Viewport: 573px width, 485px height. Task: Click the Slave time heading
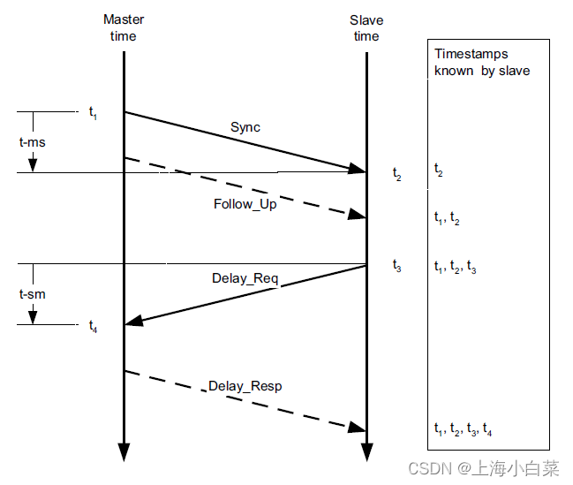tap(365, 27)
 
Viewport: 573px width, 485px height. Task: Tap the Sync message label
tap(245, 127)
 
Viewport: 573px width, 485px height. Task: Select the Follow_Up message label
tap(245, 204)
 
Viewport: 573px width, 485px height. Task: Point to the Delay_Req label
tap(245, 279)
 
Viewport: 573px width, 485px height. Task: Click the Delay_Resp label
tap(245, 386)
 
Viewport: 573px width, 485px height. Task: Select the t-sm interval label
tap(33, 293)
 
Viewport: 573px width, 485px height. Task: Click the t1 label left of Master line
tap(93, 113)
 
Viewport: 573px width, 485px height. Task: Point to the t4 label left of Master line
tap(93, 327)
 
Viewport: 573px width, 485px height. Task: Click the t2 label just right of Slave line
tap(397, 173)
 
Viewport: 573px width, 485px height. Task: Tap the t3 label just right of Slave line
tap(397, 265)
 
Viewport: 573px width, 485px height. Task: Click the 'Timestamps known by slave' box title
tap(481, 62)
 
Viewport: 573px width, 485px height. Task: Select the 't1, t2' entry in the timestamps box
tap(447, 220)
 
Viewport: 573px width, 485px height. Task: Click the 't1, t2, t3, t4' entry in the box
tap(464, 430)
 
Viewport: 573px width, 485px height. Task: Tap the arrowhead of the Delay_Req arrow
tap(132, 323)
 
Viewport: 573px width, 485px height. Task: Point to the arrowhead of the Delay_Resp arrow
tap(358, 428)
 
